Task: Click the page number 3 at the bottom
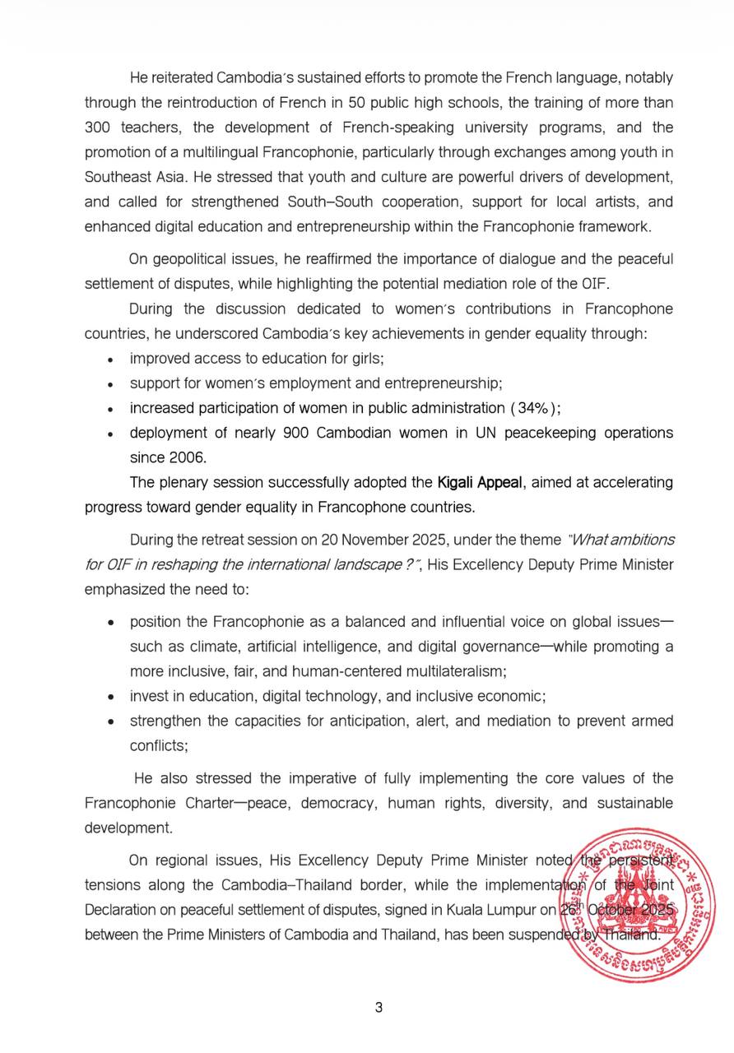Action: point(379,1009)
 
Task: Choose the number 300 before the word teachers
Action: point(100,128)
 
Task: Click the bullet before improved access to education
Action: point(111,360)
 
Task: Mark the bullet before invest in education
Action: point(111,697)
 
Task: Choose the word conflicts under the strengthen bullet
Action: point(158,745)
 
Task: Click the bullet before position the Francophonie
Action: point(111,623)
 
